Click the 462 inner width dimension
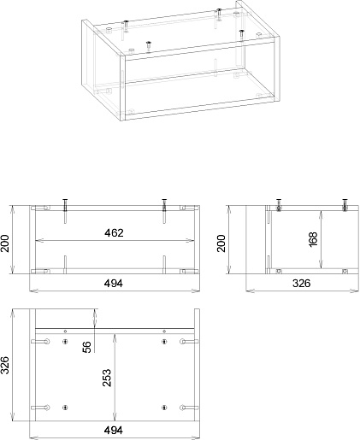click(x=114, y=233)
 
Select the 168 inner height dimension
click(x=313, y=239)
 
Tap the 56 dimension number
click(x=87, y=347)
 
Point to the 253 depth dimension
click(x=107, y=378)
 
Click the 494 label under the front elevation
click(x=114, y=284)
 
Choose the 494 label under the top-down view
click(x=114, y=430)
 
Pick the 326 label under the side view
click(x=302, y=284)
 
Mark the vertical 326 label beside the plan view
click(x=5, y=365)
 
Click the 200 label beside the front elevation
click(x=5, y=243)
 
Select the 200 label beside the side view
click(x=221, y=243)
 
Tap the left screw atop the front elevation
click(x=65, y=205)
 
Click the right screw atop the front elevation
click(x=164, y=205)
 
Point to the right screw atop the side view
click(x=345, y=205)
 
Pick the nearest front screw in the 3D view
click(x=148, y=45)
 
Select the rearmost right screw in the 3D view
click(x=219, y=15)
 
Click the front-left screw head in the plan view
click(x=65, y=408)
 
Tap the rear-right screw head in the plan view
click(x=164, y=342)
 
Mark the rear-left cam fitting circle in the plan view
click(x=47, y=341)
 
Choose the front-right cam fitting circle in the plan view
click(x=183, y=408)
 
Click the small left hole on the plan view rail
click(x=65, y=331)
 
